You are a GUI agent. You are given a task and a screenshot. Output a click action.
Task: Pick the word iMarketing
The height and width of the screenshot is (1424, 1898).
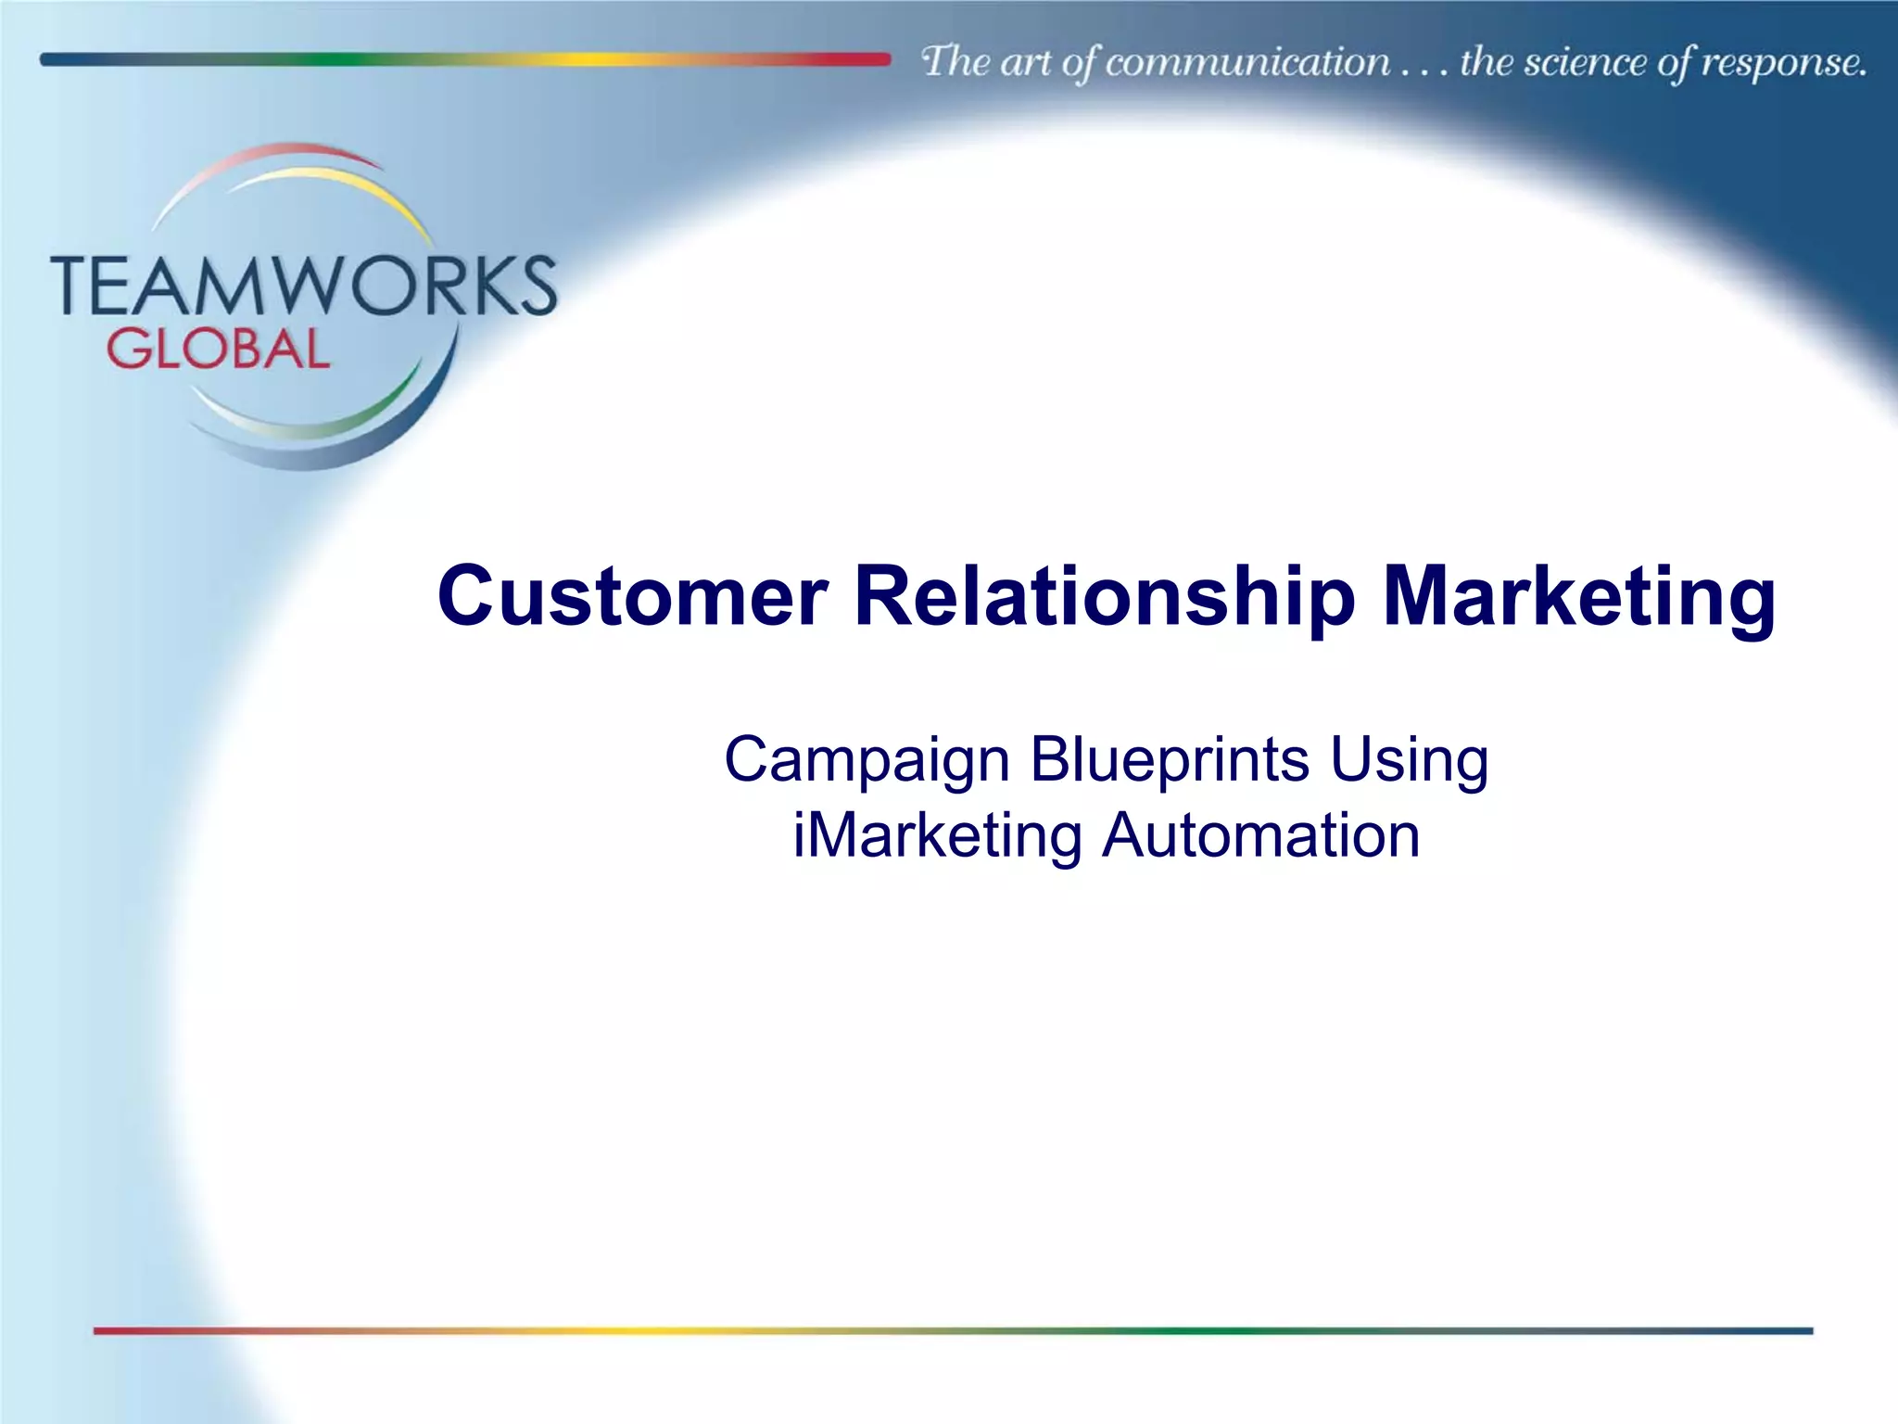pyautogui.click(x=937, y=835)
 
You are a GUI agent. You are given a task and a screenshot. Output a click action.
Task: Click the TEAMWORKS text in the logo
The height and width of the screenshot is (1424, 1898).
pyautogui.click(x=304, y=286)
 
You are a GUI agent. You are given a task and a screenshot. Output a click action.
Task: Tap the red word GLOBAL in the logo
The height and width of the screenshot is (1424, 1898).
pyautogui.click(x=218, y=350)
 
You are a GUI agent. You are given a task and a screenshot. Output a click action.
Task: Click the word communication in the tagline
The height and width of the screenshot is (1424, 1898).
pyautogui.click(x=1247, y=63)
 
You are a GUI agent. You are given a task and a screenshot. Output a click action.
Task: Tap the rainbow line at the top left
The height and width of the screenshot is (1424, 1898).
pyautogui.click(x=463, y=59)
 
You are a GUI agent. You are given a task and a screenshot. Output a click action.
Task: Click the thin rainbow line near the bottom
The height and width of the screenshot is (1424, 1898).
pyautogui.click(x=953, y=1330)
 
